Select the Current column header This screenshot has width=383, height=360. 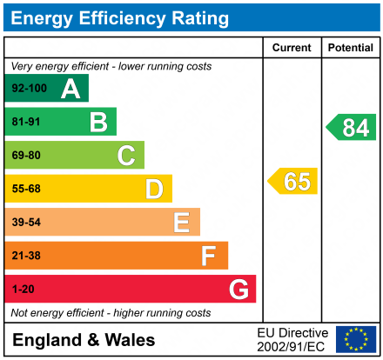coord(292,48)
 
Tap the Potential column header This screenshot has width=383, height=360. coord(350,48)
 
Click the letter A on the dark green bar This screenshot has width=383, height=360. coord(71,89)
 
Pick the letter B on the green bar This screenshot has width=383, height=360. coord(98,123)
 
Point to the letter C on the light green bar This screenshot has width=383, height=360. coord(126,156)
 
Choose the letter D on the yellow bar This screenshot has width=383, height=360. coord(154,189)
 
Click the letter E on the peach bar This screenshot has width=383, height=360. coord(181,223)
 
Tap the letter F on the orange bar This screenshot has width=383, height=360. coord(209,256)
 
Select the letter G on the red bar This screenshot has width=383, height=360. coord(238,289)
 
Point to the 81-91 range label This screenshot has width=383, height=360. coord(25,123)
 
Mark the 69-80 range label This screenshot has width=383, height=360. coord(25,156)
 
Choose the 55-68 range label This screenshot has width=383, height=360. coord(25,189)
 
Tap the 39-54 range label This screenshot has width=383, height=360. coord(25,223)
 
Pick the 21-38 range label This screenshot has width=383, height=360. coord(25,256)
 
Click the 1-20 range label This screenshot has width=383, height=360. coord(23,289)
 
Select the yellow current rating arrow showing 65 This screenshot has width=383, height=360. coord(293,182)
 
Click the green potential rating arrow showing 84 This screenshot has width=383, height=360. coord(352,128)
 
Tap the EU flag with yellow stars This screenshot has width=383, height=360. coord(355,339)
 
